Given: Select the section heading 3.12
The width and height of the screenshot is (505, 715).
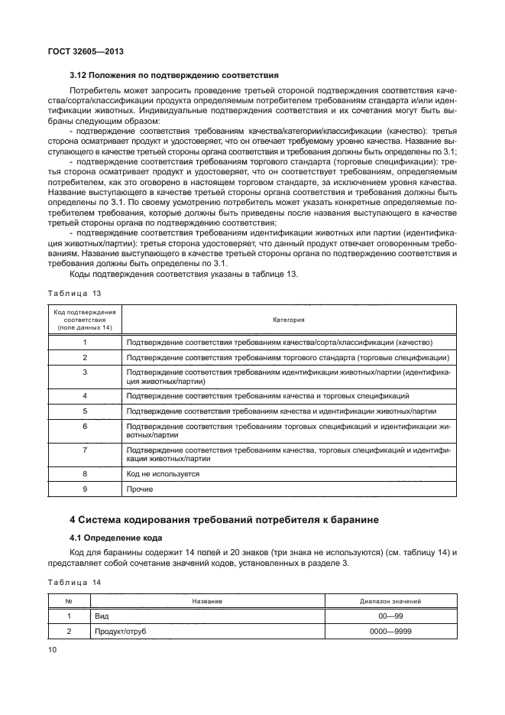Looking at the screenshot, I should coord(173,75).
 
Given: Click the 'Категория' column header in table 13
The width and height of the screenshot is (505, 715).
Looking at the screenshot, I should coord(289,319).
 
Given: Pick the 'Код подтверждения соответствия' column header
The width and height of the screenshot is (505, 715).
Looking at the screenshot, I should coord(85,319).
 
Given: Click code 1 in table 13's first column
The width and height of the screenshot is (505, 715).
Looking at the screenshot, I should coord(85,343).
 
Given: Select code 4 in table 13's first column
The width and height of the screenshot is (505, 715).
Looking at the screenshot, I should coord(85,395).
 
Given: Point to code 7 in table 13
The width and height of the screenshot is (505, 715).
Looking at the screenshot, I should coord(85,451).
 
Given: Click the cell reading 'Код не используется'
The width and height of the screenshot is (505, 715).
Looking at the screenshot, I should coord(163,474).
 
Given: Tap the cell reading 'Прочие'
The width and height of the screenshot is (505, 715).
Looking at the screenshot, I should coord(140,489).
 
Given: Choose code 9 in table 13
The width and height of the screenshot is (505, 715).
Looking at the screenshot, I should coord(85,489).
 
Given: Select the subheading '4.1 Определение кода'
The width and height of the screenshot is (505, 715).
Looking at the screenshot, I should coord(120,538).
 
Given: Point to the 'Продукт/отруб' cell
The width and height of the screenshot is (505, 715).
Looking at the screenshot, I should coord(120,631).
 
